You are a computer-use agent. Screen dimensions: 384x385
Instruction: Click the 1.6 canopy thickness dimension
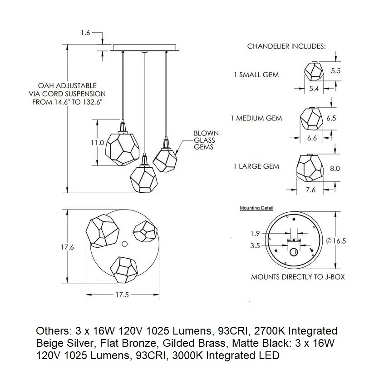[x=86, y=33]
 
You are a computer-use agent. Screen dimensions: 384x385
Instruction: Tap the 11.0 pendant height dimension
[x=97, y=143]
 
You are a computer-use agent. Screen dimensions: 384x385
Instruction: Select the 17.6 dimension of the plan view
[x=68, y=247]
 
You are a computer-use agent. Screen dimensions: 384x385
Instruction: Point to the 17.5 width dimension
[x=122, y=295]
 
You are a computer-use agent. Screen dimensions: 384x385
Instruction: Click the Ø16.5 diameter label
[x=336, y=241]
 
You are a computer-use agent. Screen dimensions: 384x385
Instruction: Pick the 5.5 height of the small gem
[x=336, y=71]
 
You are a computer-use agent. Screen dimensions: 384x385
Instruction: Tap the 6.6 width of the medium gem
[x=312, y=138]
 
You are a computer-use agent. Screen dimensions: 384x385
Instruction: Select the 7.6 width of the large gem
[x=310, y=190]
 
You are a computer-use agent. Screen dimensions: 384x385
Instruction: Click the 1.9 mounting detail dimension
[x=255, y=233]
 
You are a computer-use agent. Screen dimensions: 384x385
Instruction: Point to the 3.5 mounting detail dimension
[x=255, y=245]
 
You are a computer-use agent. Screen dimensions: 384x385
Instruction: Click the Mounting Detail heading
[x=256, y=208]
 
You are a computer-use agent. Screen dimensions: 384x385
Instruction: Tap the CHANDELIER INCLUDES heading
[x=286, y=46]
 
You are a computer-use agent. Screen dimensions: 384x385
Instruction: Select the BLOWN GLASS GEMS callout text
[x=206, y=140]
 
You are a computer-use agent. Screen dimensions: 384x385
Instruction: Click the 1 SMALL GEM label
[x=256, y=75]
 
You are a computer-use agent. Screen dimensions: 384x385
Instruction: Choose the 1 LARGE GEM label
[x=256, y=166]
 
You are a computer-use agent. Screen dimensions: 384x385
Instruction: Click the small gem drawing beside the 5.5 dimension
[x=314, y=71]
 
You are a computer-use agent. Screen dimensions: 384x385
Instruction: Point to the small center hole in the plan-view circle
[x=124, y=244]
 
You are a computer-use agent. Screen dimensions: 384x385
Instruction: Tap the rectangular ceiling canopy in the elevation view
[x=144, y=47]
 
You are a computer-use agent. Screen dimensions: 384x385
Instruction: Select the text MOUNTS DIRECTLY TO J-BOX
[x=298, y=277]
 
